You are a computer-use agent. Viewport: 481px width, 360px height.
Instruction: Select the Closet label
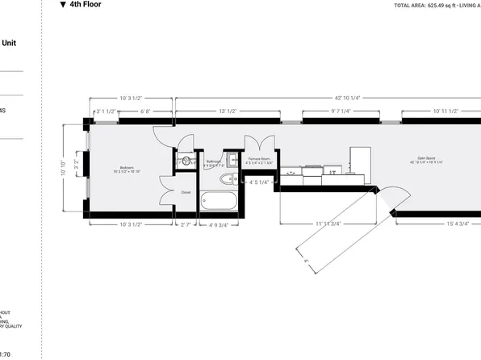pyautogui.click(x=186, y=192)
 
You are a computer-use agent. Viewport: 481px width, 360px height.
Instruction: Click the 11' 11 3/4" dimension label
pyautogui.click(x=328, y=224)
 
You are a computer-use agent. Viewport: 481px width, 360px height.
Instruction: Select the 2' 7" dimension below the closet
pyautogui.click(x=186, y=224)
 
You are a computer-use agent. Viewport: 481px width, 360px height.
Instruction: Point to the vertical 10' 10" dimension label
pyautogui.click(x=64, y=170)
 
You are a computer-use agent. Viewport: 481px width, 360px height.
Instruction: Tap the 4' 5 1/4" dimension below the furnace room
pyautogui.click(x=259, y=183)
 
